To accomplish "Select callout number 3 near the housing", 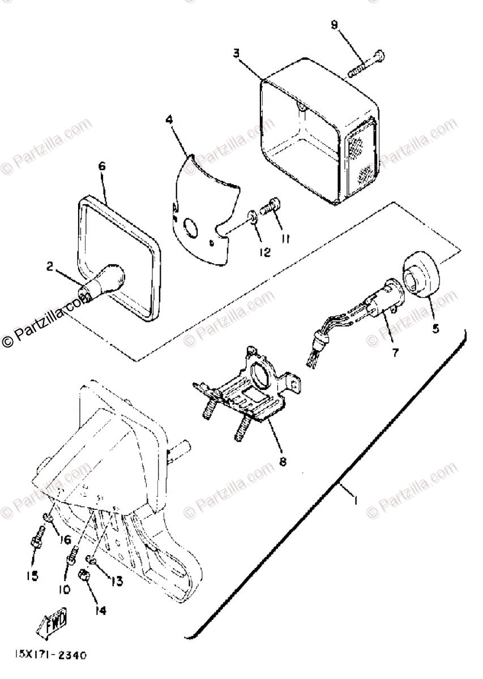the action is tap(236, 53).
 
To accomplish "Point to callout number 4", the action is tap(169, 120).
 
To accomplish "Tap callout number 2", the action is tap(52, 265).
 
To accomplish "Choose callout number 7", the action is tap(395, 352).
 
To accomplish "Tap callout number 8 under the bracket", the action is tap(282, 462).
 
